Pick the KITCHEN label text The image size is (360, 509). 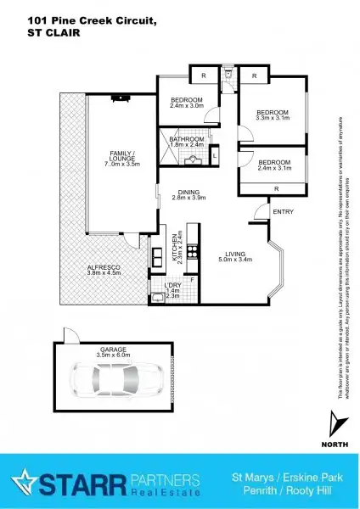[x=173, y=244]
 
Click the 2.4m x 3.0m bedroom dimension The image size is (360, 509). [x=187, y=105]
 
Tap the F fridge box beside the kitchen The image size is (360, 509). [x=192, y=279]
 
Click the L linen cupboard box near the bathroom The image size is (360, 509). [x=215, y=157]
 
